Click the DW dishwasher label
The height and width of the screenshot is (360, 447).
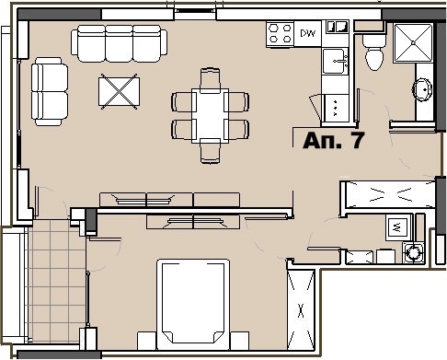(307, 33)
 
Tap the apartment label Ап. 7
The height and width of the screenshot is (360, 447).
(333, 141)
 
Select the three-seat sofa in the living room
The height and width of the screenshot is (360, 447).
(120, 43)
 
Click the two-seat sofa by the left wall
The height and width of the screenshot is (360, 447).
(50, 91)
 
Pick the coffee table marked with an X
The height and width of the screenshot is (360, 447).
(119, 91)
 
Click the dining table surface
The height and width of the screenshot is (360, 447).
(211, 116)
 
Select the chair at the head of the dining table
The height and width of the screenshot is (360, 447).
(210, 80)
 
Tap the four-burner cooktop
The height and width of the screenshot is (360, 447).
(280, 34)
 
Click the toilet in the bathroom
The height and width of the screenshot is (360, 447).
(374, 52)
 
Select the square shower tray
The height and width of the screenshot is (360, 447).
(413, 42)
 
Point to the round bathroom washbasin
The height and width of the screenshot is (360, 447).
(422, 89)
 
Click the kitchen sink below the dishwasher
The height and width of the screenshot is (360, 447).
(335, 61)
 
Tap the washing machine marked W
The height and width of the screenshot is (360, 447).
(398, 227)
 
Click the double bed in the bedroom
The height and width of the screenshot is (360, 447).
(193, 304)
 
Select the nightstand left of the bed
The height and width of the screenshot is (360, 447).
(147, 341)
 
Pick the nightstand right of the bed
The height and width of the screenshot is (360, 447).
(239, 341)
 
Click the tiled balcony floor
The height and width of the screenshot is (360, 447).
(57, 281)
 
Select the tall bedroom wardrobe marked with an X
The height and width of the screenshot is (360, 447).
(301, 310)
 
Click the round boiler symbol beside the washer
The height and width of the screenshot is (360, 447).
(414, 252)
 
